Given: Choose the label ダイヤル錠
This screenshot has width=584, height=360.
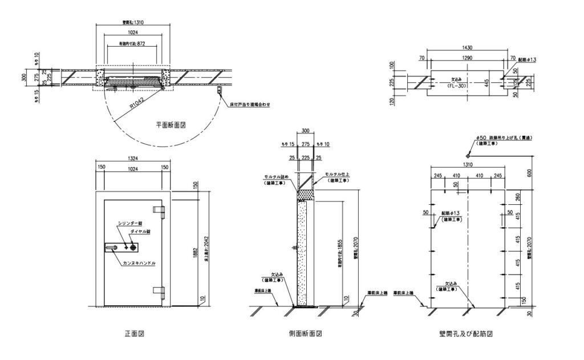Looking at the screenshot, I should tap(140, 232).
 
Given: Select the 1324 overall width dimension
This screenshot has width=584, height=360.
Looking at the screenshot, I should tap(133, 159).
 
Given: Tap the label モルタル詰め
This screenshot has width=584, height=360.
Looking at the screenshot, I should tap(275, 177).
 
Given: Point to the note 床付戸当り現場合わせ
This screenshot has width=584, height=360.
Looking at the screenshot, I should tap(250, 105).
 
